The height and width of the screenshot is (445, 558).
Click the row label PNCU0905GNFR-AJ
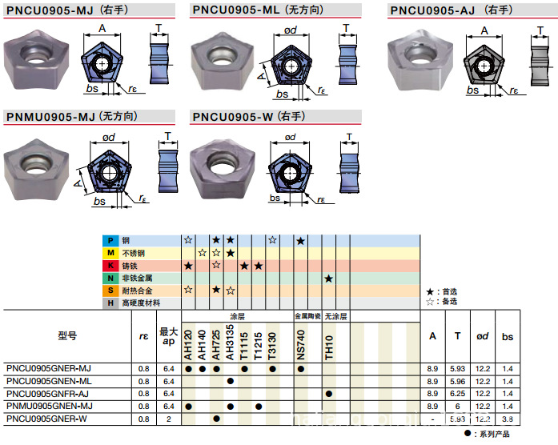pyautogui.click(x=48, y=394)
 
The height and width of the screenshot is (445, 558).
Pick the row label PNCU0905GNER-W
pyautogui.click(x=46, y=419)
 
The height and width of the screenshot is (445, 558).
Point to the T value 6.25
pyautogui.click(x=457, y=394)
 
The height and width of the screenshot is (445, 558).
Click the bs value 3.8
pyautogui.click(x=508, y=419)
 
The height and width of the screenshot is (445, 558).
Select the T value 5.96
pyautogui.click(x=457, y=381)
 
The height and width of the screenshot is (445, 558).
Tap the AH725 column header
pyautogui.click(x=217, y=342)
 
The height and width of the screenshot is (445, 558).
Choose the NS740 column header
pyautogui.click(x=301, y=342)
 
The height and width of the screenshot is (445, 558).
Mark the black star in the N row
pyautogui.click(x=329, y=278)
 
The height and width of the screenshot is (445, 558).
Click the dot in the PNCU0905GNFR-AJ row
pyautogui.click(x=329, y=394)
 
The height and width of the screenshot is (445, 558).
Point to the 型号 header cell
pyautogui.click(x=67, y=336)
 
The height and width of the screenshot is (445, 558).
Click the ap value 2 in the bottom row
pyautogui.click(x=168, y=419)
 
